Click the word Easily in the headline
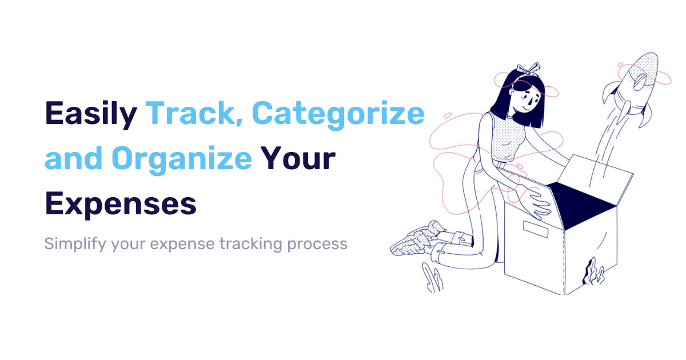91,114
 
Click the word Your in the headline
299,158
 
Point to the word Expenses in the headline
121,203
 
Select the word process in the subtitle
317,244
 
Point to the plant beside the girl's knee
433,278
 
